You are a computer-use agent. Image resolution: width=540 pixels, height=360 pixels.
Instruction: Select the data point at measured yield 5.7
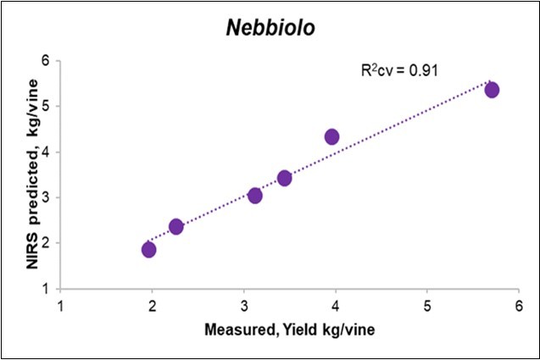(492, 90)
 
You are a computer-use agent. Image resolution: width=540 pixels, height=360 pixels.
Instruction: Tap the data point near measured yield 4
(331, 136)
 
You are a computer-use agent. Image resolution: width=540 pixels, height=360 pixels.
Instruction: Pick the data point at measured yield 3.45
(284, 178)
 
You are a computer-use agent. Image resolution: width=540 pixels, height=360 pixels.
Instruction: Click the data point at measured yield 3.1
(254, 196)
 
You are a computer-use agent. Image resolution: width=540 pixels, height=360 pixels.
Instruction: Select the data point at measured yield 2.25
(175, 226)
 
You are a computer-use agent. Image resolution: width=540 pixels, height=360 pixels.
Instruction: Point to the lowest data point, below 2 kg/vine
(148, 249)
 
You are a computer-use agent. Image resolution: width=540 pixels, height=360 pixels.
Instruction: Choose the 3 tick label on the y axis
(47, 197)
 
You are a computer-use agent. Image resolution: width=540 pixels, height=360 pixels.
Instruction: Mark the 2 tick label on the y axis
(47, 243)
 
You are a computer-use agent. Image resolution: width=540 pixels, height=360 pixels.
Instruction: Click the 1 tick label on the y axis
(47, 289)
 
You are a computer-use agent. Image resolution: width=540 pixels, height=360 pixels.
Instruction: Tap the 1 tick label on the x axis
(60, 304)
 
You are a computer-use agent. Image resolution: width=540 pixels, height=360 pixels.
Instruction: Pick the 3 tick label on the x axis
(244, 304)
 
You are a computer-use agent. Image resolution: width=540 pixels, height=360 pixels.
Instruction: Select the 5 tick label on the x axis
(427, 304)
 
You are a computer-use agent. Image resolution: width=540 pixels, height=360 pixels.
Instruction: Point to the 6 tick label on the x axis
(519, 304)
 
